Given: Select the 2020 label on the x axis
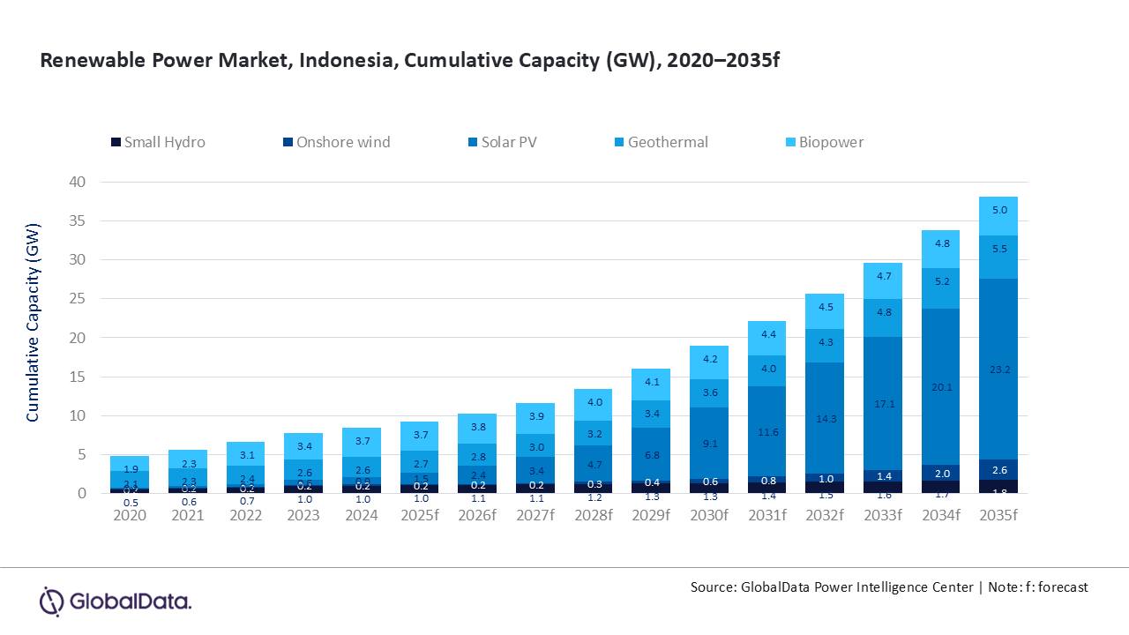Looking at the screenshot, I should (x=130, y=515).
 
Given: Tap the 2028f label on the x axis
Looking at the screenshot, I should (x=593, y=515).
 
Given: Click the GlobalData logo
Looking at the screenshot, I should (x=116, y=601).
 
